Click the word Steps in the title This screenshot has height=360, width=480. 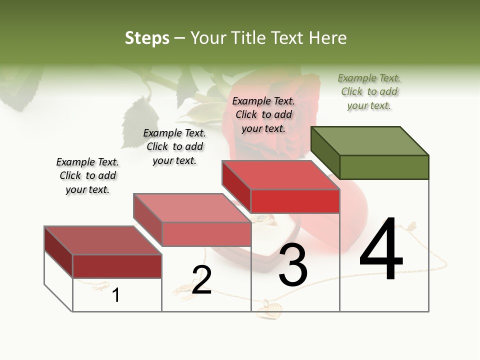click(x=147, y=38)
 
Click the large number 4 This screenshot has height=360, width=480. click(x=381, y=249)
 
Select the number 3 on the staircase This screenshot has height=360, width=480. click(x=292, y=265)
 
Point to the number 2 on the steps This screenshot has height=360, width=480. click(x=201, y=280)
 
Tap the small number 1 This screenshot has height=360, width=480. click(x=116, y=295)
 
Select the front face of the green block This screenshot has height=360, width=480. click(x=384, y=167)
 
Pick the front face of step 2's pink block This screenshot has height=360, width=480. click(x=206, y=234)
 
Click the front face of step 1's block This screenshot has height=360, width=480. click(x=117, y=266)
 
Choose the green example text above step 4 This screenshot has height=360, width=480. click(x=369, y=91)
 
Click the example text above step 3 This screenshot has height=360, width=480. click(x=263, y=114)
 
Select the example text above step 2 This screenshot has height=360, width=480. click(x=174, y=146)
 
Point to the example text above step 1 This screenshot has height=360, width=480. click(x=87, y=175)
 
